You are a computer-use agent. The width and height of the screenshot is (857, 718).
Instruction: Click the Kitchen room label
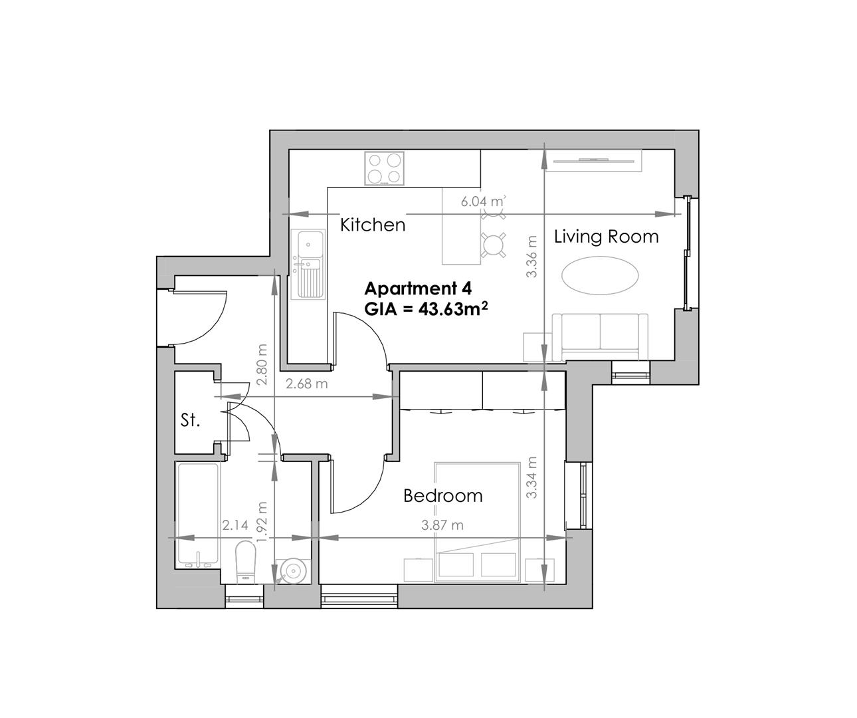coord(372,225)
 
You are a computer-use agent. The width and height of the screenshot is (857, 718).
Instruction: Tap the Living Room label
coord(606,237)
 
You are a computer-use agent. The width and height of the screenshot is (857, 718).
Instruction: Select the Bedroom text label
coord(443,496)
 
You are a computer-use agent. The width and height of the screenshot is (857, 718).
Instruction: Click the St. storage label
coord(191,420)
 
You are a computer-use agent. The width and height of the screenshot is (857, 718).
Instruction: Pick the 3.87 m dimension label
coord(442,525)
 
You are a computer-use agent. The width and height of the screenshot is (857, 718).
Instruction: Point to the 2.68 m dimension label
coord(306,384)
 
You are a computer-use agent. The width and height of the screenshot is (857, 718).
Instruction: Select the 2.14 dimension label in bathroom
coord(235,525)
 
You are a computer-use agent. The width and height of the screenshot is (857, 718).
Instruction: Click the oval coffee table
coord(601,275)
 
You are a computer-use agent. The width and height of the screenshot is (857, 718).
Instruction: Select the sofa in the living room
coord(600,335)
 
